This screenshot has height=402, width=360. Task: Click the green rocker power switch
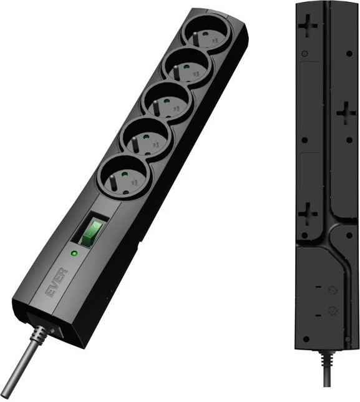click(92, 233)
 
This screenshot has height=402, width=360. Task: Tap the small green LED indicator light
click(74, 253)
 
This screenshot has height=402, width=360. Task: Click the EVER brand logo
click(57, 283)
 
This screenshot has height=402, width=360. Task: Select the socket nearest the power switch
click(122, 177)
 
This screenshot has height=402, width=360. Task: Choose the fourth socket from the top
click(144, 139)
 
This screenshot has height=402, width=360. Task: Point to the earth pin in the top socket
click(195, 39)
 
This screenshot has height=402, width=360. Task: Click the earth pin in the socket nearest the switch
click(112, 183)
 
